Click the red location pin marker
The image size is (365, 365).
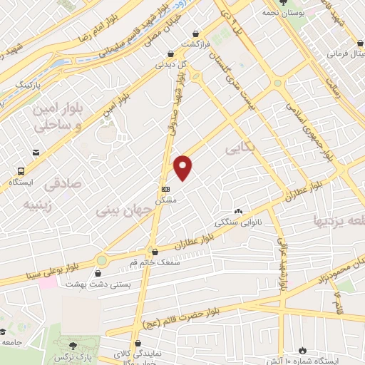pos(184,167)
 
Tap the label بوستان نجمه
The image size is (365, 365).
pos(279,13)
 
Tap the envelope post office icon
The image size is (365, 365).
pos(36,151)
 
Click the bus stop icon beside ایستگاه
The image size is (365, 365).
pos(22,171)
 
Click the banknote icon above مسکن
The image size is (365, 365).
pos(166,189)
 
